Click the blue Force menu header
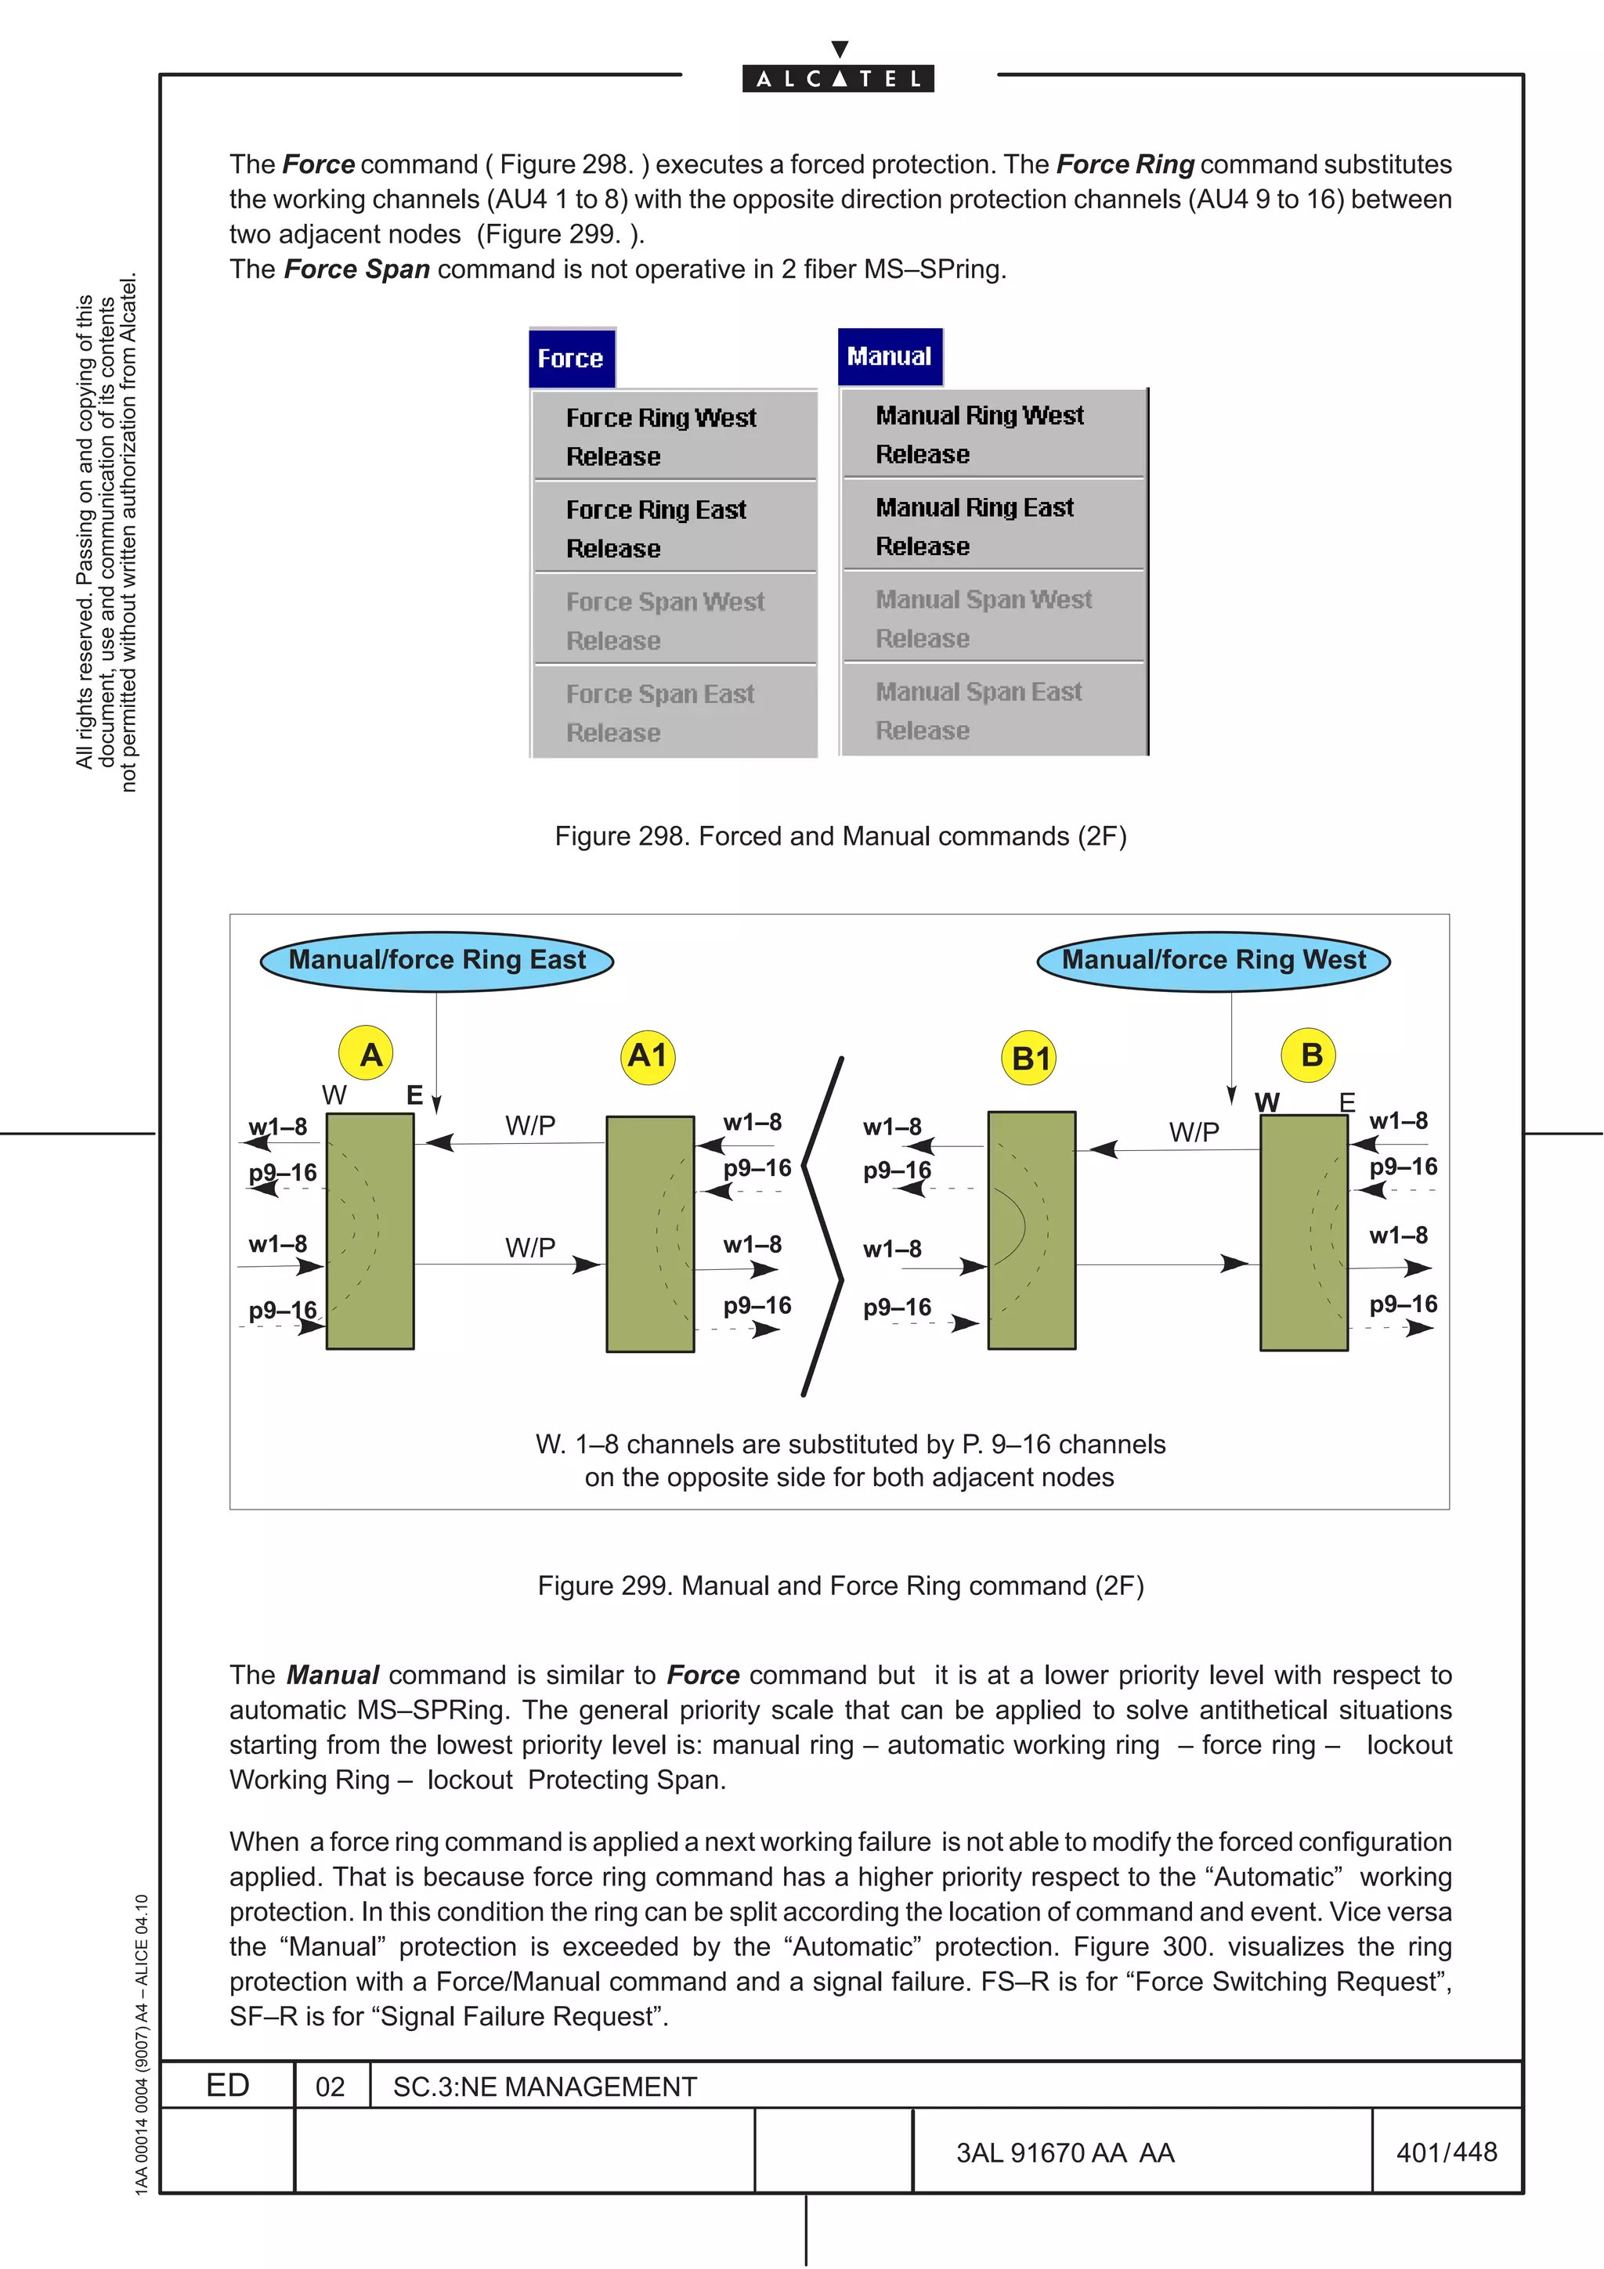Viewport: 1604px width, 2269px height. pyautogui.click(x=571, y=358)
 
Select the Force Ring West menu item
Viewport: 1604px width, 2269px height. pyautogui.click(x=661, y=418)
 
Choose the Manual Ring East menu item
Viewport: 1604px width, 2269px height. pyautogui.click(x=974, y=508)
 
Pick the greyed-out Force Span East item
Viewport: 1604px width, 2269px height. pyautogui.click(x=660, y=694)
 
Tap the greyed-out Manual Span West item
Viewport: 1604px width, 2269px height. pyautogui.click(x=984, y=600)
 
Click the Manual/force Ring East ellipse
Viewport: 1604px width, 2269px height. pyautogui.click(x=437, y=961)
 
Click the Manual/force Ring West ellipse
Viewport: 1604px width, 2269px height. pyautogui.click(x=1214, y=961)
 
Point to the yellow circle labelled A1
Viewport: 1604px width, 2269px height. pyautogui.click(x=648, y=1056)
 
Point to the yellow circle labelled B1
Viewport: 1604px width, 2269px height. pyautogui.click(x=1030, y=1059)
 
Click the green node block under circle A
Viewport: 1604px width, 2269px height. pyautogui.click(x=370, y=1232)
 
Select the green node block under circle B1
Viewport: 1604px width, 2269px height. pyautogui.click(x=1031, y=1230)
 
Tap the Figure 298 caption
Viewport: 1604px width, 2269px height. pyautogui.click(x=840, y=837)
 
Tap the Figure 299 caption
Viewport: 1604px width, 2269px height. pyautogui.click(x=840, y=1586)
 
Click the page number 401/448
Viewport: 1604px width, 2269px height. pyautogui.click(x=1446, y=2152)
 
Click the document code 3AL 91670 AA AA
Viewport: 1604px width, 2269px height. pyautogui.click(x=1064, y=2153)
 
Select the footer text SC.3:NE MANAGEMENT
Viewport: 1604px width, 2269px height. pyautogui.click(x=544, y=2087)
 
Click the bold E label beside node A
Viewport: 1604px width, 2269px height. pyautogui.click(x=414, y=1095)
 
